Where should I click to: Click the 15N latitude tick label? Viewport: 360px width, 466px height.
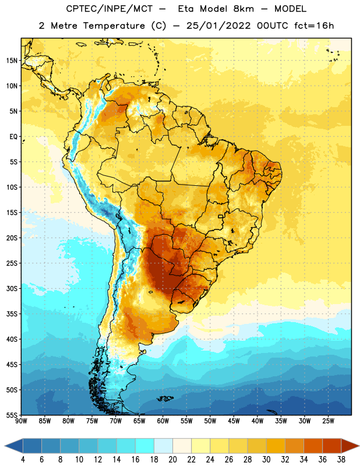coord(12,61)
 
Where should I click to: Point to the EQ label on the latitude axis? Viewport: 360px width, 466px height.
coord(13,137)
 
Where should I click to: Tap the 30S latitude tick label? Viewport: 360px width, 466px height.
coord(12,288)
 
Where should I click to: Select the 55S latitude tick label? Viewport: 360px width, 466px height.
coord(12,415)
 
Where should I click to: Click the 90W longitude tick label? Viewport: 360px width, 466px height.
coord(21,421)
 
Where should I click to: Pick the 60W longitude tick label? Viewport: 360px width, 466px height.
coord(163,421)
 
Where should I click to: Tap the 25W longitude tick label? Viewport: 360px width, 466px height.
coord(328,421)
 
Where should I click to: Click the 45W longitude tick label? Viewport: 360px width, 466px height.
coord(234,421)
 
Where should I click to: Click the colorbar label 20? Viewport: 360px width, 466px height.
coord(172,460)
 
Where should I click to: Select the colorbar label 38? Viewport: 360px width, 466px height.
coord(341,460)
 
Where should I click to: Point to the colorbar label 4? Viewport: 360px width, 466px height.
coord(23,460)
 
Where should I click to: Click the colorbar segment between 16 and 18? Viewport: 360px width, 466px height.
coord(144,446)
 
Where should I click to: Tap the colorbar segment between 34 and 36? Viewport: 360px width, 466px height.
coord(313,446)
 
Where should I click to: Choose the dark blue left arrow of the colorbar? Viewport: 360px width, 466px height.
coord(14,446)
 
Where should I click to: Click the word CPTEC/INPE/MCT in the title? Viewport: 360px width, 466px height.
coord(109,9)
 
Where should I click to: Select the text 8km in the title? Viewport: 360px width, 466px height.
coord(243,9)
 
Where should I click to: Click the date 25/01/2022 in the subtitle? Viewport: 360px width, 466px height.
coord(218,26)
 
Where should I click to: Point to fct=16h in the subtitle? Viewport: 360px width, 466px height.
coord(314,26)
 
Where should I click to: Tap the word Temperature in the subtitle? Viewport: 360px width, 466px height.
coord(114,26)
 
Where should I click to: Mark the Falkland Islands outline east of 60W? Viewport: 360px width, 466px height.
coord(165,398)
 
